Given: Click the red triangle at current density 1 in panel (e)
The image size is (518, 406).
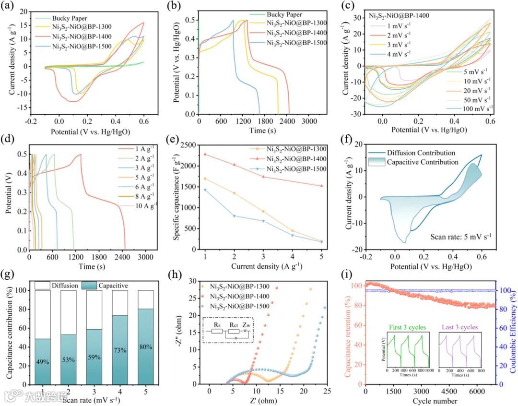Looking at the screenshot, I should pos(205,154).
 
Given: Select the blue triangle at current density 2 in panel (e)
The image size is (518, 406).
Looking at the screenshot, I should pos(235,216).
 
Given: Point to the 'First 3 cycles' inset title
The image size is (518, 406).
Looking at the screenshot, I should pos(407,328).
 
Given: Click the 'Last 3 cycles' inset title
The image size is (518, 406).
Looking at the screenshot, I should pos(458,328).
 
